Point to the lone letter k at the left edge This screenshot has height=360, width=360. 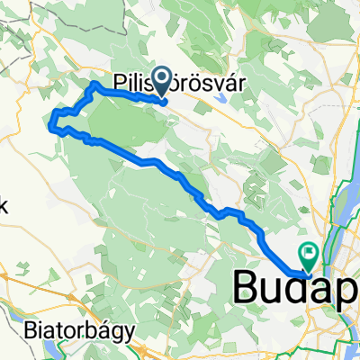[3, 204]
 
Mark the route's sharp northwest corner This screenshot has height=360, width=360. [94, 85]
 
